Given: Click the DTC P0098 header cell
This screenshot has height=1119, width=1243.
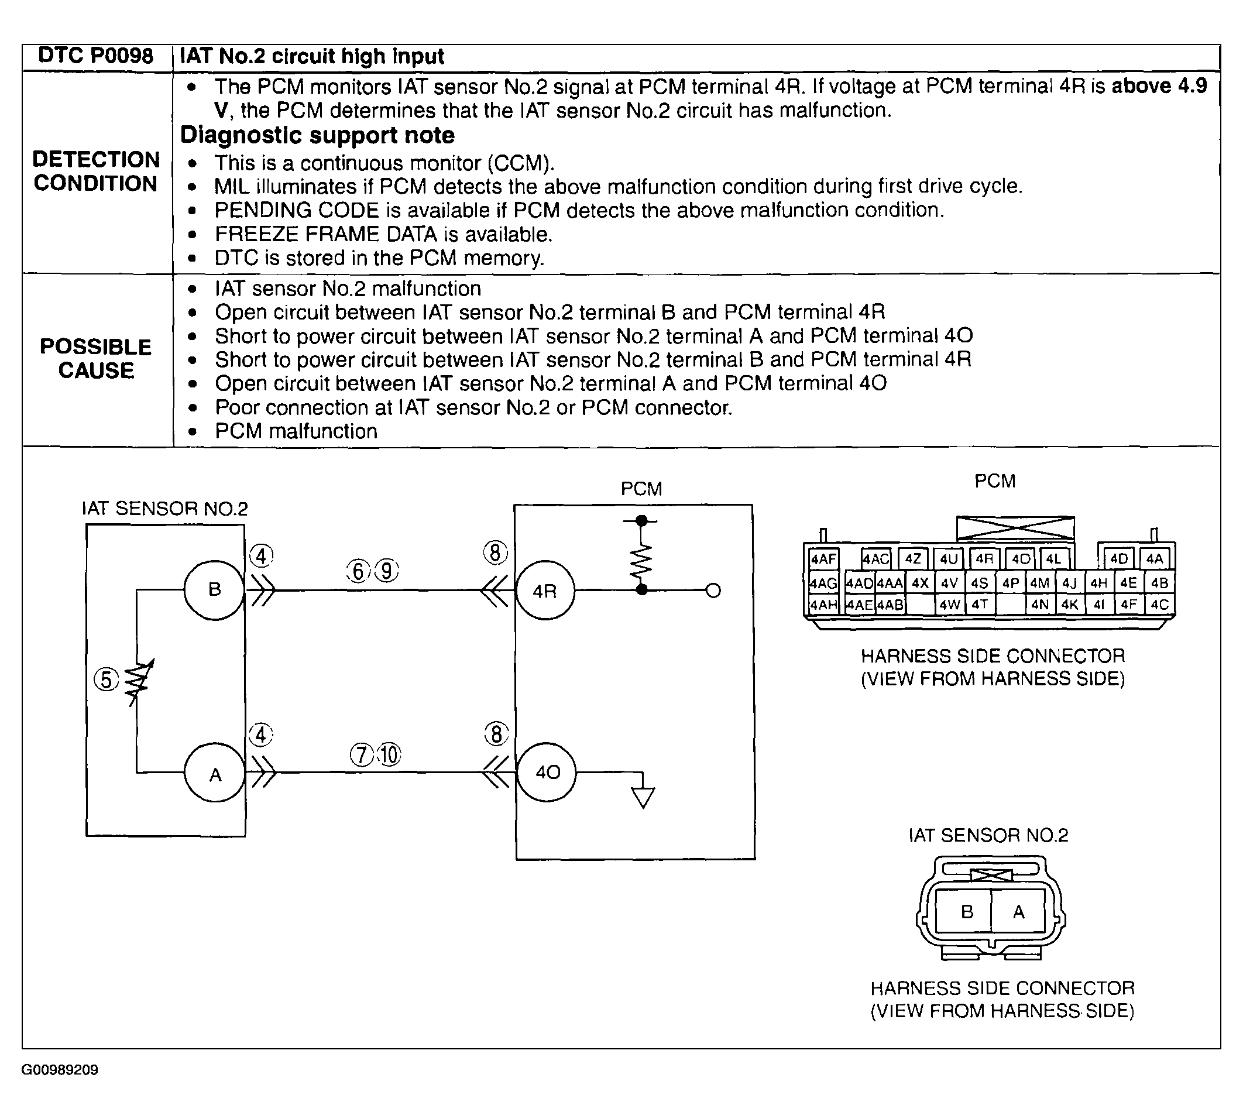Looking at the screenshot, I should (96, 56).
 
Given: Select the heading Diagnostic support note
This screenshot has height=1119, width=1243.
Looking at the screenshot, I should (317, 135).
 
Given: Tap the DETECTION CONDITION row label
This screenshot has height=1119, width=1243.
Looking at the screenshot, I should (96, 171).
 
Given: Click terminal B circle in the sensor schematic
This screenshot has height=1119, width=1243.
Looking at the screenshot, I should (214, 589).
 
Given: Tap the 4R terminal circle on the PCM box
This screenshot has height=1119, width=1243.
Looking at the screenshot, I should (545, 591).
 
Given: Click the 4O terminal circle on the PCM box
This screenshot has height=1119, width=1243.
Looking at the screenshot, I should (547, 772).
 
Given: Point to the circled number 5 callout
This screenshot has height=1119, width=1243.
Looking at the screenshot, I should (107, 680).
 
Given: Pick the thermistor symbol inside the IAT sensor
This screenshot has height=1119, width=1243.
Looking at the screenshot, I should (138, 681).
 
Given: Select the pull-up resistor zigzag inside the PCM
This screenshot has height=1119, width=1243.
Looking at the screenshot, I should (641, 561).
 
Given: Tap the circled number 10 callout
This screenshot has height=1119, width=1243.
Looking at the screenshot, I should (389, 754).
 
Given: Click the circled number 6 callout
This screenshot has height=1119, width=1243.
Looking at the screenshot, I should (358, 571).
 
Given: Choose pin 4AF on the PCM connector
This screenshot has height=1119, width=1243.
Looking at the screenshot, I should (822, 559).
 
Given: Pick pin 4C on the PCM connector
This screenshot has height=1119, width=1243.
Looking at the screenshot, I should (1159, 605).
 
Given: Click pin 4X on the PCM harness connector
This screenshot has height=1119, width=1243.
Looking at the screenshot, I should (919, 583).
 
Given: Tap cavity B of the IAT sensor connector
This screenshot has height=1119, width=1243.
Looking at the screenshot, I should (966, 911).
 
